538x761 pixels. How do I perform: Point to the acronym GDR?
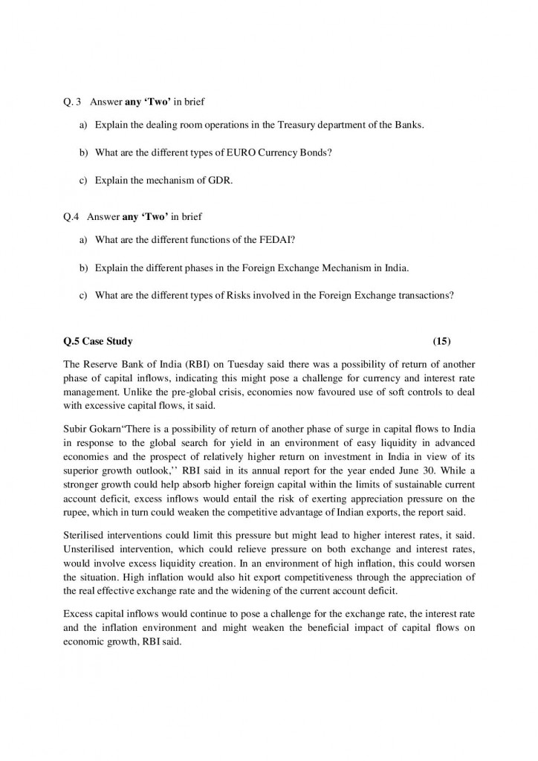click(x=220, y=180)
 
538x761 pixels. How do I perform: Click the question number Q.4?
click(x=71, y=217)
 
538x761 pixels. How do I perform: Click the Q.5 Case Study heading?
click(x=98, y=341)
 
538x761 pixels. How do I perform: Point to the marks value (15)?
click(x=441, y=341)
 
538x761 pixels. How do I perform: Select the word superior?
click(x=84, y=471)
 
